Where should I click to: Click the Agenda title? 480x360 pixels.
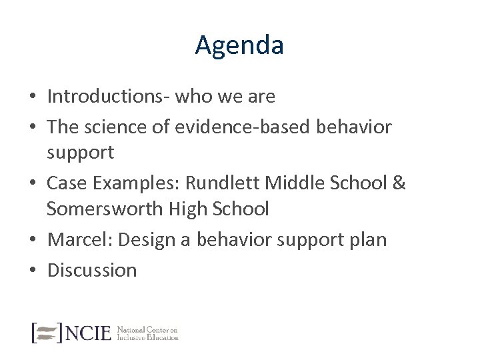point(240,45)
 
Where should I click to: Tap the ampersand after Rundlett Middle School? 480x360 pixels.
point(398,182)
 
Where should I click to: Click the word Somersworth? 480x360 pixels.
point(107,209)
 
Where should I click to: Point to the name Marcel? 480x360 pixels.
point(77,239)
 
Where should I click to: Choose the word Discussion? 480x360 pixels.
point(92,269)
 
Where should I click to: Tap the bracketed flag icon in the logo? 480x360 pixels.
point(47,331)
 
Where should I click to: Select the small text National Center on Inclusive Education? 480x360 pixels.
point(147,332)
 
